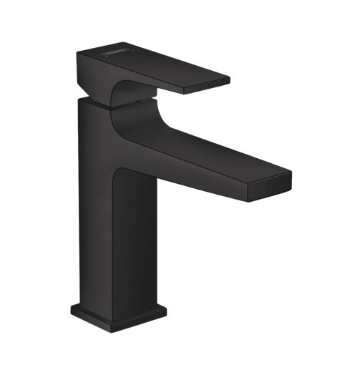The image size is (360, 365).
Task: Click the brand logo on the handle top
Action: (x=119, y=52)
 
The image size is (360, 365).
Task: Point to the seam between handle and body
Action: (x=93, y=102)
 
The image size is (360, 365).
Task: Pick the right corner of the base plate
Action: (x=166, y=309)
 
